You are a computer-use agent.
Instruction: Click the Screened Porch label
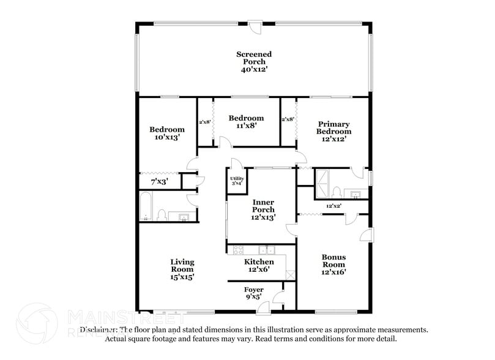click(254, 54)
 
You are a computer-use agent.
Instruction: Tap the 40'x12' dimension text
click(254, 70)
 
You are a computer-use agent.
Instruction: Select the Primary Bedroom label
click(333, 127)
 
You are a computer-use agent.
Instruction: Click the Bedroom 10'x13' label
click(167, 133)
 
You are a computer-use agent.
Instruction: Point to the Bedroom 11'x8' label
click(246, 121)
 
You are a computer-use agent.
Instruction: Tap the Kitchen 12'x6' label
click(259, 265)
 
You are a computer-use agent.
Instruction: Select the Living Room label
click(182, 265)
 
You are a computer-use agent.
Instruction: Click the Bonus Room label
click(334, 261)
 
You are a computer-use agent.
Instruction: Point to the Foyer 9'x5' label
click(254, 293)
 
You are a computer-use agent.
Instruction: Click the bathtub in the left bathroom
click(146, 207)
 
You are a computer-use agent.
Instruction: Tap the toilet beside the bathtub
click(162, 215)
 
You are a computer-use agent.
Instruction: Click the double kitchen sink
click(266, 250)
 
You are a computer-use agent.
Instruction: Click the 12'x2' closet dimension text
click(333, 206)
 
